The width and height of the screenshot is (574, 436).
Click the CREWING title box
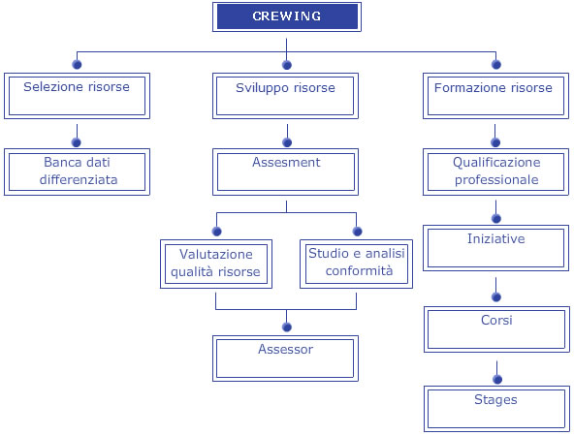[x=287, y=16]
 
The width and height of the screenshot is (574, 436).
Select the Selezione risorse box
[x=77, y=96]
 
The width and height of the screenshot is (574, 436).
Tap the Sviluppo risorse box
[x=285, y=96]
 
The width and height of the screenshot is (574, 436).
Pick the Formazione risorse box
[x=496, y=96]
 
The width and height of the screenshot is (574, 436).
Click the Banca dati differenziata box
[x=77, y=171]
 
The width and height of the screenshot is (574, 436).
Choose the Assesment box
[x=285, y=171]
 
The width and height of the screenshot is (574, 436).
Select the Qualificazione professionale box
[x=496, y=171]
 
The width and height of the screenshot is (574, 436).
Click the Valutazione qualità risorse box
[x=216, y=265]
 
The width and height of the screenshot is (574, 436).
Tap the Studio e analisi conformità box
[x=356, y=265]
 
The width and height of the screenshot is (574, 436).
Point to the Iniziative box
[x=496, y=248]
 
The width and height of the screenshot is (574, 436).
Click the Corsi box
[x=496, y=329]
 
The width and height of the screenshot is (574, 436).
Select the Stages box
[x=496, y=409]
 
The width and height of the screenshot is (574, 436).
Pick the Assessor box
[x=285, y=358]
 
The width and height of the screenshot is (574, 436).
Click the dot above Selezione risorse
[x=77, y=64]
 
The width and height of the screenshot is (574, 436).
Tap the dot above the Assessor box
[x=287, y=327]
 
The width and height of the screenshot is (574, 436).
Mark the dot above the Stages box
[x=497, y=379]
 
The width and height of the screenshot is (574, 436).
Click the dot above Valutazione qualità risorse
[x=217, y=232]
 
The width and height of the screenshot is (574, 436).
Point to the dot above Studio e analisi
[x=357, y=232]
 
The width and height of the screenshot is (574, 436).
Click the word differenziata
[x=79, y=179]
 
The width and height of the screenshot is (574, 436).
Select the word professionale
[x=496, y=180]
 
